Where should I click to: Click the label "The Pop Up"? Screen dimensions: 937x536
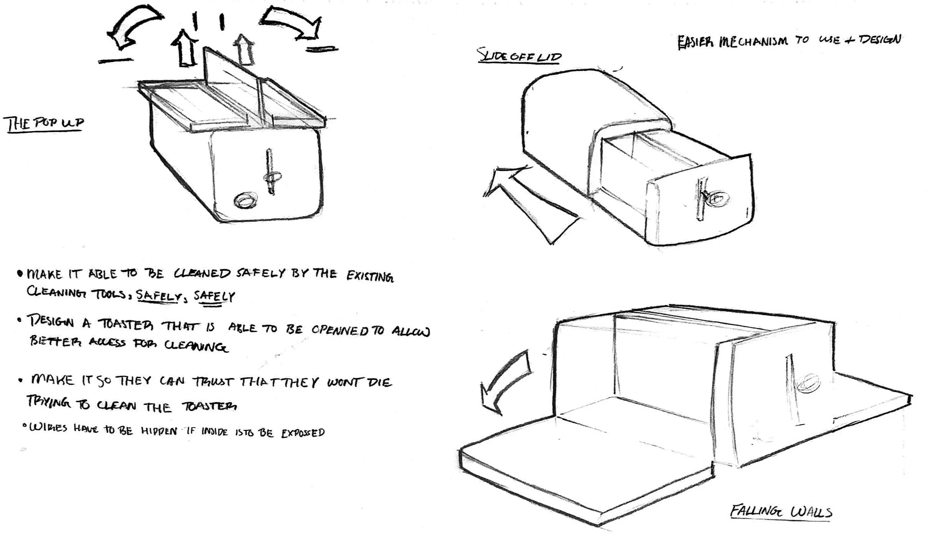(44, 123)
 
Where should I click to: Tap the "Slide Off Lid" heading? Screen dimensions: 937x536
(519, 56)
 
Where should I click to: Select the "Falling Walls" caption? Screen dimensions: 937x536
(781, 512)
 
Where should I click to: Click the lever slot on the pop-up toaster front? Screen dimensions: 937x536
(270, 171)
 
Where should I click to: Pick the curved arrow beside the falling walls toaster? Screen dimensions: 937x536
(504, 381)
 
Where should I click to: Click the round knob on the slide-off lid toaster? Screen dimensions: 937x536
(717, 198)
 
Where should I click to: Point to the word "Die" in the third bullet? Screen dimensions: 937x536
(378, 382)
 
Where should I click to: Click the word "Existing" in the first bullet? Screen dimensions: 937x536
(370, 276)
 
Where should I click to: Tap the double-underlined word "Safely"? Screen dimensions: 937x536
(213, 297)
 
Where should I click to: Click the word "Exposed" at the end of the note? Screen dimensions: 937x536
(303, 433)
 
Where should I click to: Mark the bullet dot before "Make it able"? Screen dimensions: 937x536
(20, 274)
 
